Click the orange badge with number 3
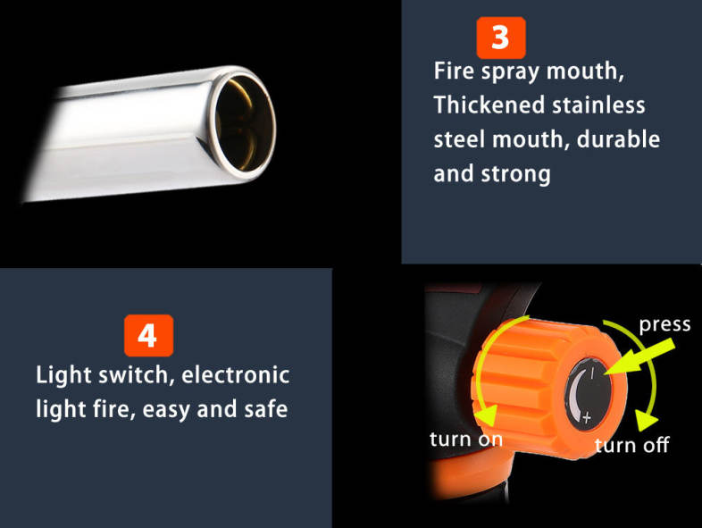pyautogui.click(x=501, y=38)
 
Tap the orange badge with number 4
pyautogui.click(x=148, y=335)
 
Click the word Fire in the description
pyautogui.click(x=454, y=71)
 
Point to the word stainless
pyautogui.click(x=598, y=105)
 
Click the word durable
pyautogui.click(x=618, y=138)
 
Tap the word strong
pyautogui.click(x=515, y=174)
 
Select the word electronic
pyautogui.click(x=236, y=374)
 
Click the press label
pyautogui.click(x=664, y=325)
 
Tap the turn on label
pyautogui.click(x=466, y=440)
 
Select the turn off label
pyautogui.click(x=631, y=445)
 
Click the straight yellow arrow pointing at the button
pyautogui.click(x=640, y=357)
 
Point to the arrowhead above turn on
pyautogui.click(x=487, y=415)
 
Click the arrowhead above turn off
pyautogui.click(x=646, y=421)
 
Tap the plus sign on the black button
pyautogui.click(x=587, y=418)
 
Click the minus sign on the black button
pyautogui.click(x=592, y=373)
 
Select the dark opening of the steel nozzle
pyautogui.click(x=245, y=123)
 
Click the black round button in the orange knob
pyautogui.click(x=589, y=395)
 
